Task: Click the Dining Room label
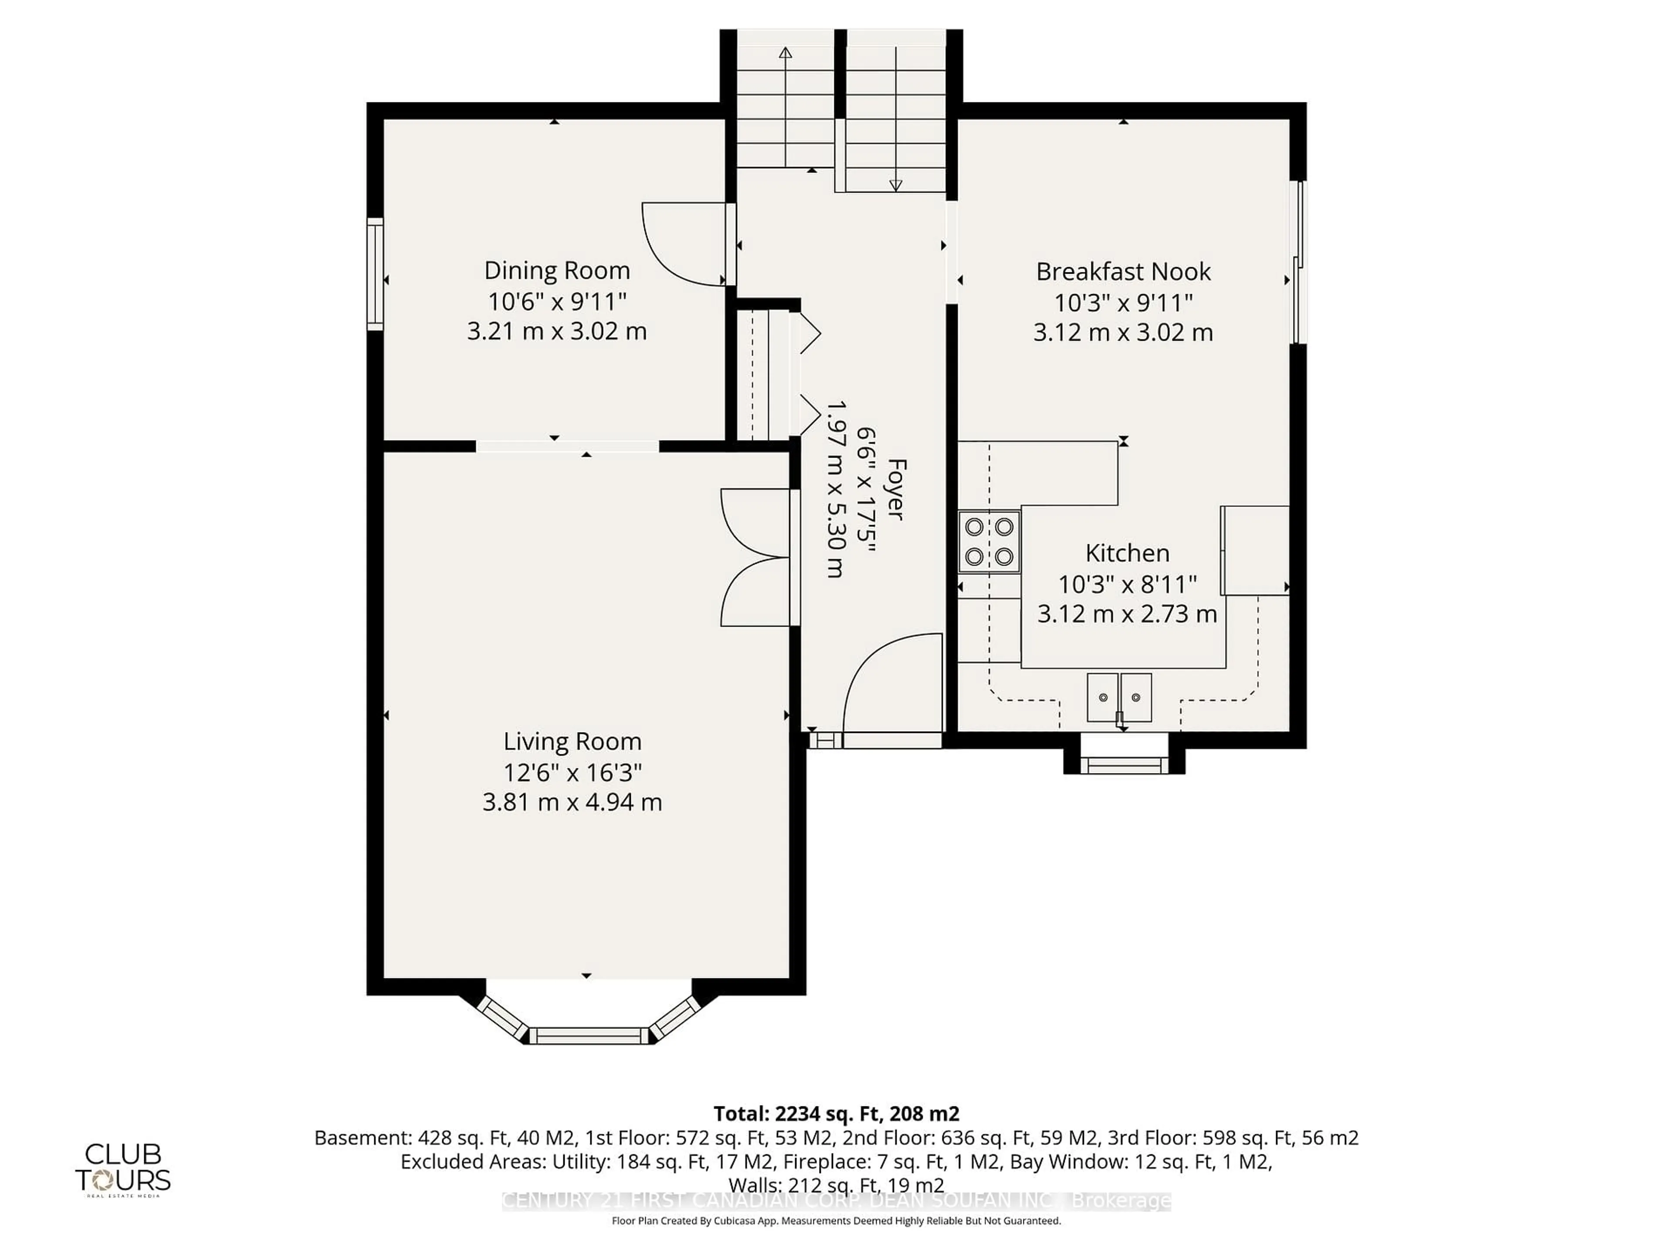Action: (x=557, y=271)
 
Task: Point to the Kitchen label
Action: (x=1127, y=553)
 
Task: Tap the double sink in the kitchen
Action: (x=1119, y=697)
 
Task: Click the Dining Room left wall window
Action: (x=375, y=274)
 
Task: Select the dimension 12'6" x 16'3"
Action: (x=572, y=772)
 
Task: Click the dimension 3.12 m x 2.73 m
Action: (x=1127, y=614)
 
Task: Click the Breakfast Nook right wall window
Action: (x=1299, y=262)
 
